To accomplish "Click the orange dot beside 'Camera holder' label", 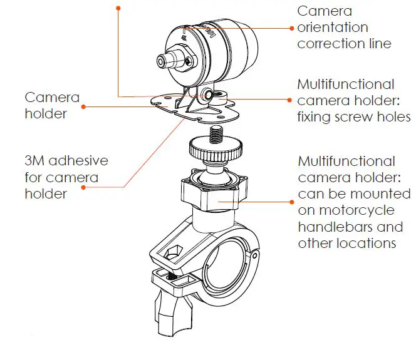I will point(83,106).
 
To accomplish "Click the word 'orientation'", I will point(332,28).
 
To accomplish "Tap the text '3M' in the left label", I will point(36,161).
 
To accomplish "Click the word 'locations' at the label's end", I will point(365,242).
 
